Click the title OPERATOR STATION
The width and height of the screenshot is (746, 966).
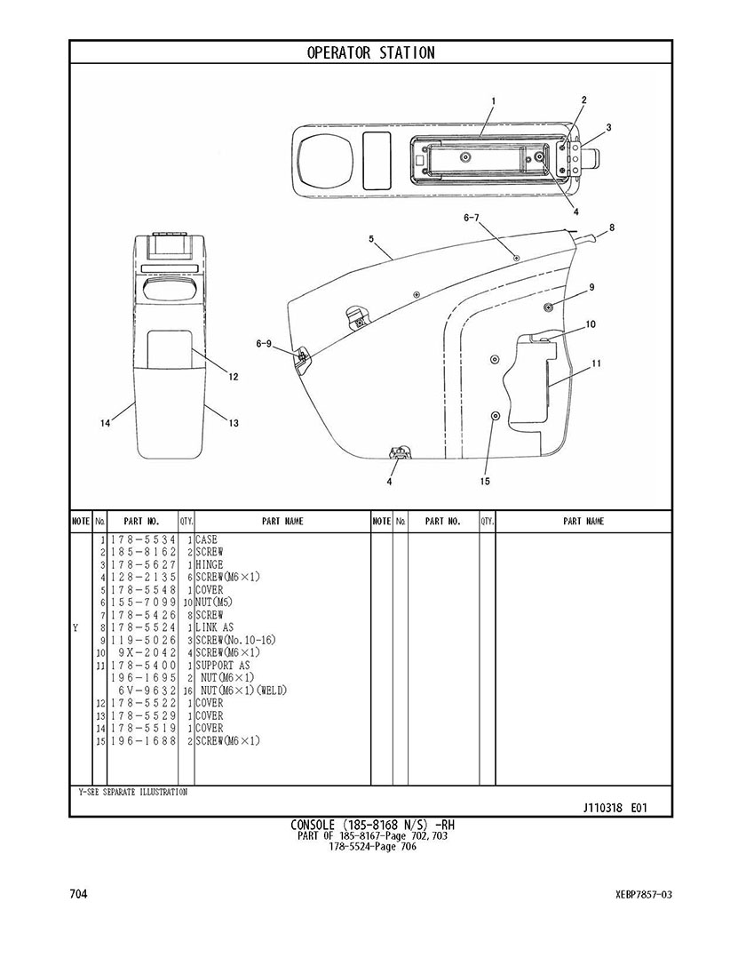point(371,53)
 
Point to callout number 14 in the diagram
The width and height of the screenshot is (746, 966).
point(105,424)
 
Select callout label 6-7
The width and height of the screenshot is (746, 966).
point(471,218)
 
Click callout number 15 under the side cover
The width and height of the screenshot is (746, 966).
point(485,482)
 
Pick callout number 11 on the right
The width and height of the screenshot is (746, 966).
point(597,363)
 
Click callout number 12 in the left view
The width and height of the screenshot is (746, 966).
point(234,377)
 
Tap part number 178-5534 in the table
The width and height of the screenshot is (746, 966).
point(142,539)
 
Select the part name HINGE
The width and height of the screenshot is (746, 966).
point(210,564)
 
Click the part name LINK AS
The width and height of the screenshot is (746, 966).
point(214,627)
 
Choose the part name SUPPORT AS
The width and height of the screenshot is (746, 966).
point(223,665)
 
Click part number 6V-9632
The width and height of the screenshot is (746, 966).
point(147,691)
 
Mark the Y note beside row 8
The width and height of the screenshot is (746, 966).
point(75,627)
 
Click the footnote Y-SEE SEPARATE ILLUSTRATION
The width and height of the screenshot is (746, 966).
point(131,792)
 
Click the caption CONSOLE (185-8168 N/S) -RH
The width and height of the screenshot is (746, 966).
point(373,826)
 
